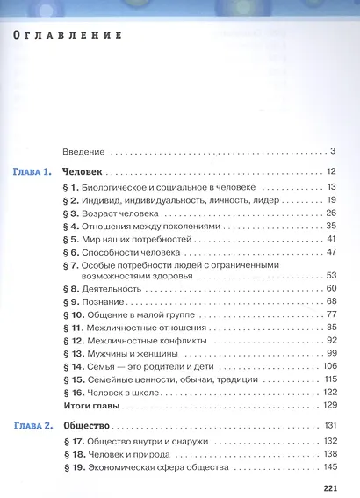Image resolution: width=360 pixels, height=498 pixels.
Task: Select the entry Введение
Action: click(x=86, y=152)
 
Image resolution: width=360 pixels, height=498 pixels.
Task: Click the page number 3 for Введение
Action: click(x=334, y=152)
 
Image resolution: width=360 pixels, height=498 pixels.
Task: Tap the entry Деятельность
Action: click(x=115, y=289)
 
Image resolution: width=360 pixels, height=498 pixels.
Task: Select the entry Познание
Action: click(x=107, y=301)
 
